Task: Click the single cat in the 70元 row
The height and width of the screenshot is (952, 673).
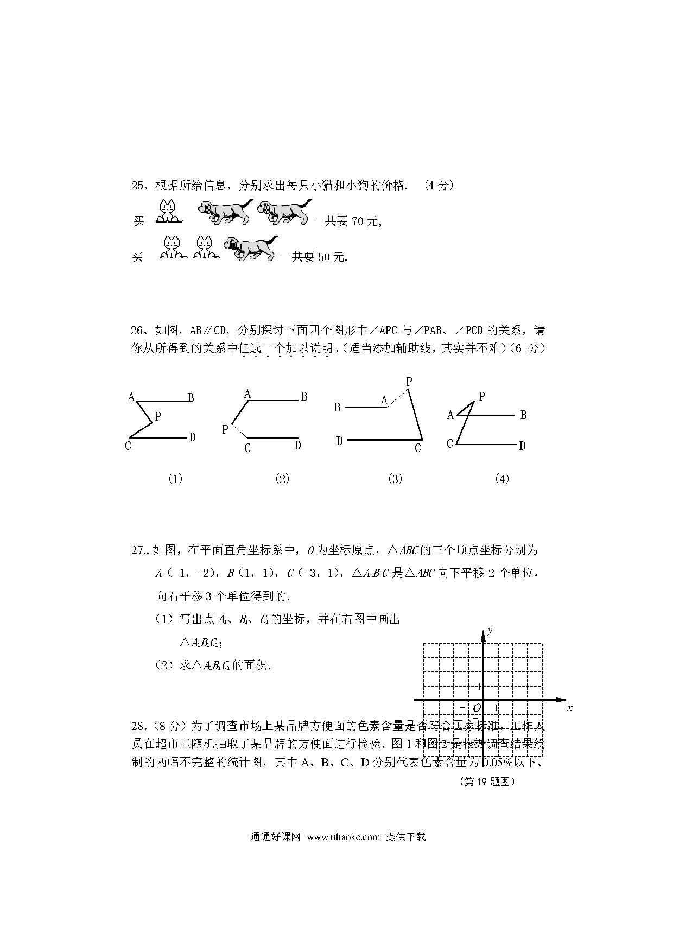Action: tap(168, 212)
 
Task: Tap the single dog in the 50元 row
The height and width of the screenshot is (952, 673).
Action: tap(251, 249)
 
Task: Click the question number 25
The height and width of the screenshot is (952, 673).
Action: tap(137, 186)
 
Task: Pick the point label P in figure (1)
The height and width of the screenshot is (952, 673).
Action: tap(157, 417)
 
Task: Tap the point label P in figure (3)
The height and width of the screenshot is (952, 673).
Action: tap(409, 382)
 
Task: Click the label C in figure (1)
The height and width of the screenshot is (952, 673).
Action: tap(128, 446)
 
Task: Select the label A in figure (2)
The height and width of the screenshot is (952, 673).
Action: tap(247, 394)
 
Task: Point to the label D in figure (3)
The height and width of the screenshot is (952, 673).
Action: tap(339, 441)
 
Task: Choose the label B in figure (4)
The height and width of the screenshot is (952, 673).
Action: tap(523, 415)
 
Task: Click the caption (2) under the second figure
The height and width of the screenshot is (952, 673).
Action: tap(282, 479)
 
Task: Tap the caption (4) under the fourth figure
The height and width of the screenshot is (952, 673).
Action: tap(502, 479)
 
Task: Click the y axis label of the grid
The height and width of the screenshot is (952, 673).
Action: tap(490, 630)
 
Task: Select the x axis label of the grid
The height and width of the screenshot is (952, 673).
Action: tap(570, 708)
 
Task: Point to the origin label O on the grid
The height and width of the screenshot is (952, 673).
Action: tap(477, 707)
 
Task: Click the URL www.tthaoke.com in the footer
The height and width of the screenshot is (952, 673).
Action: tap(343, 836)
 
